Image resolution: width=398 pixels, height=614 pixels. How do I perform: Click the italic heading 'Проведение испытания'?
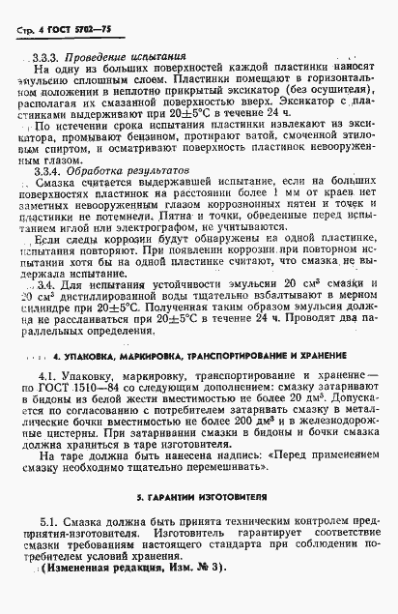(115, 56)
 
